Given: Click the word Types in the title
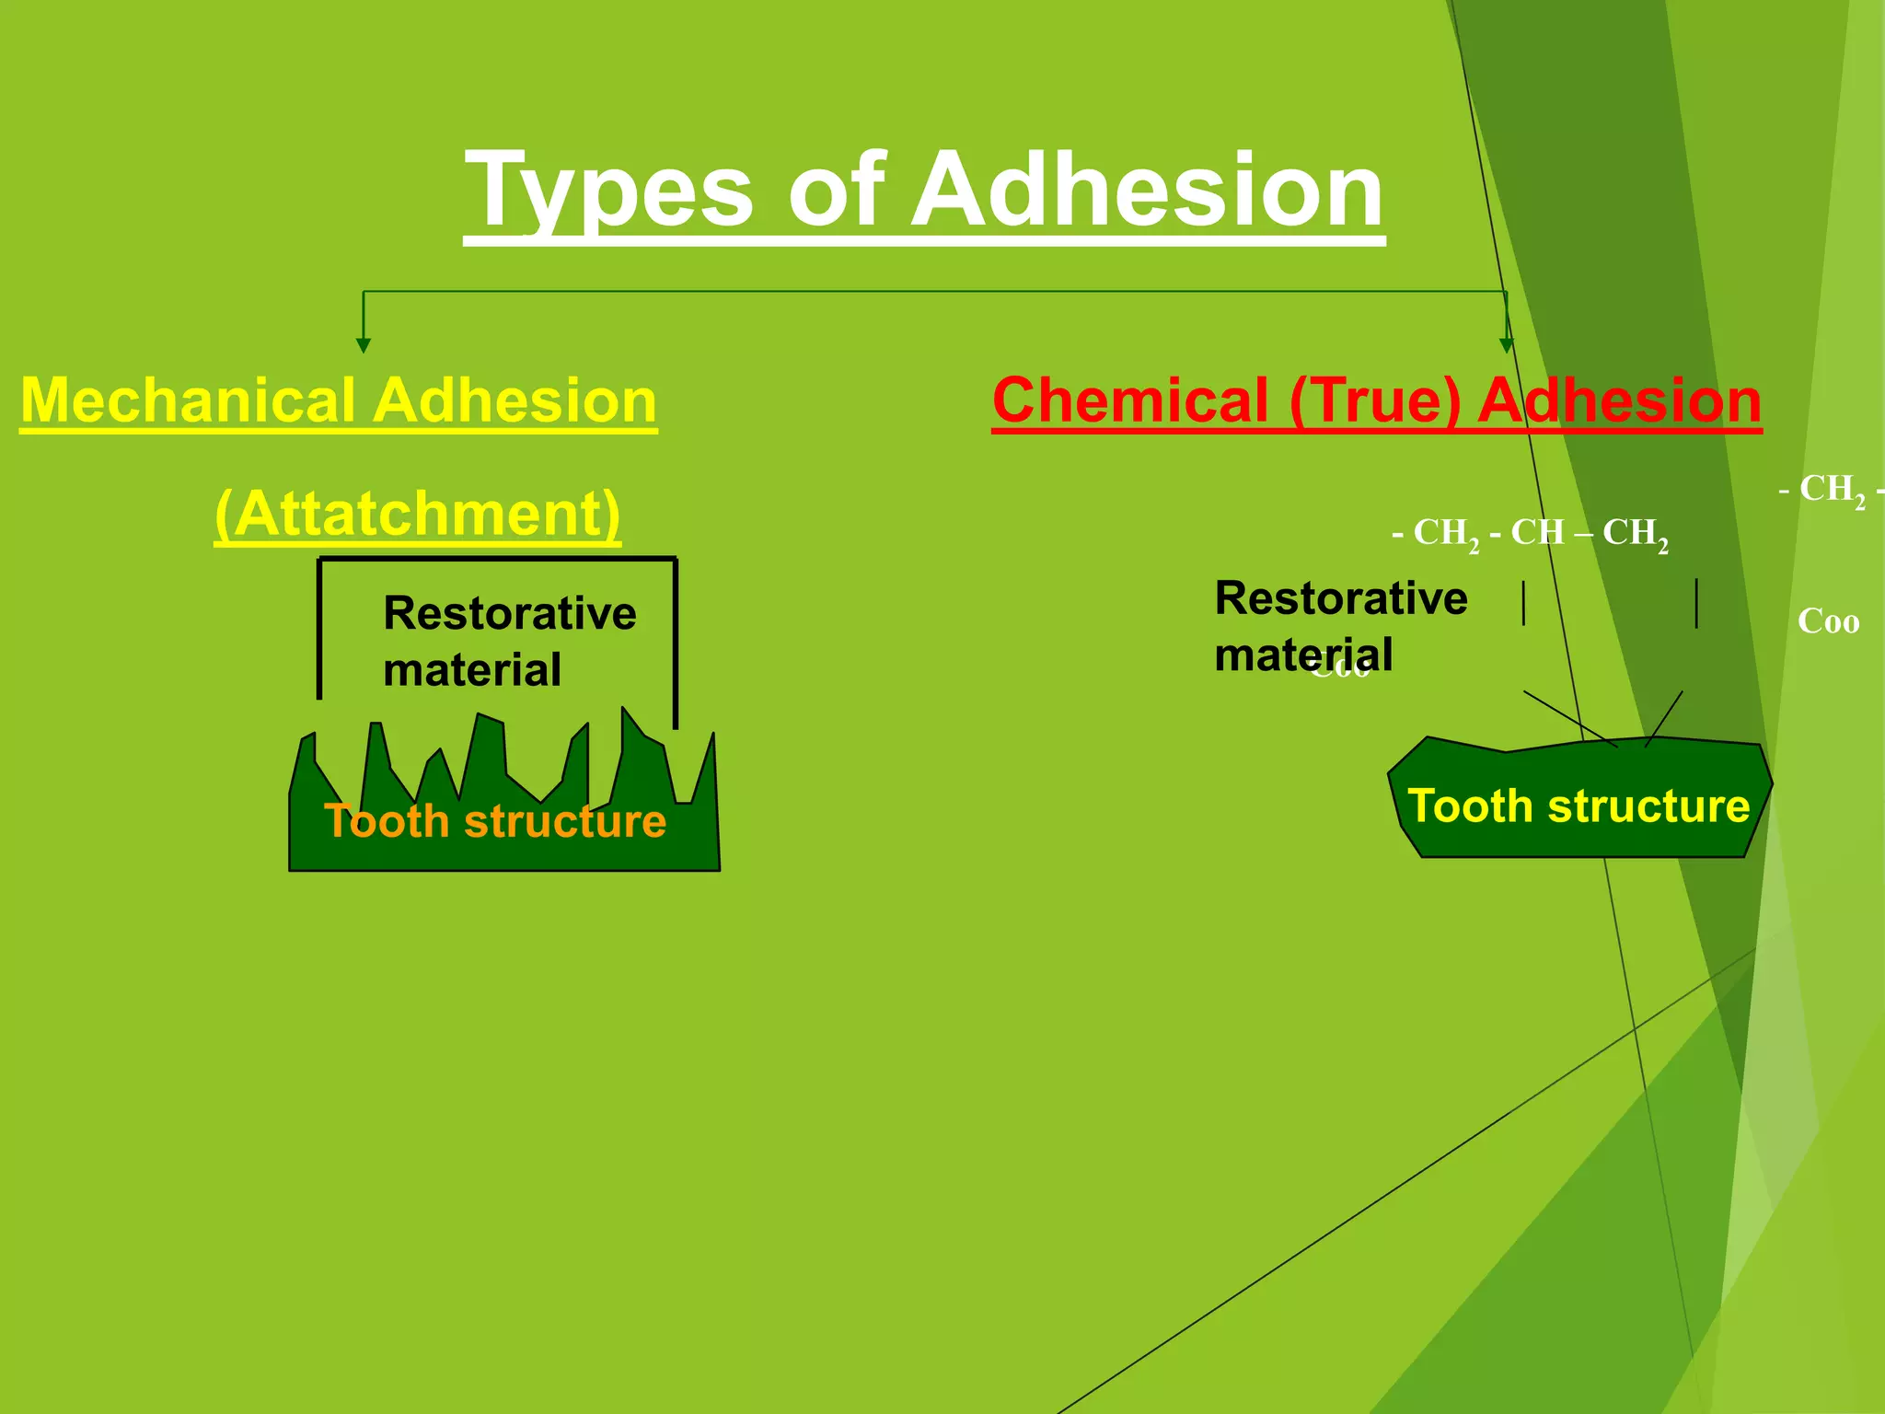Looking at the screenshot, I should pyautogui.click(x=607, y=191).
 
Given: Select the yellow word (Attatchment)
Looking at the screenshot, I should pyautogui.click(x=417, y=514).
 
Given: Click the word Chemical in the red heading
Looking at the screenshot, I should pyautogui.click(x=1130, y=401).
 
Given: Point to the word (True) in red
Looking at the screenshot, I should pyautogui.click(x=1375, y=401).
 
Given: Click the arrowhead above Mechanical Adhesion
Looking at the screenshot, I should pyautogui.click(x=364, y=344).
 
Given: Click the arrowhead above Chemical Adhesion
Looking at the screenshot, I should pyautogui.click(x=1507, y=344).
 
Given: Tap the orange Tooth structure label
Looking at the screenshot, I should pyautogui.click(x=495, y=821).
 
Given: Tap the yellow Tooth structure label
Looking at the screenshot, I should pyautogui.click(x=1579, y=806).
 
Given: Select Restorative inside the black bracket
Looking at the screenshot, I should pyautogui.click(x=509, y=614).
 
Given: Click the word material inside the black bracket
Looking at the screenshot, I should pyautogui.click(x=471, y=670).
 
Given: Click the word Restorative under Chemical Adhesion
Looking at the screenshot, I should pyautogui.click(x=1340, y=598).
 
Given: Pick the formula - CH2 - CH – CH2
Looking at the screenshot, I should pyautogui.click(x=1530, y=533).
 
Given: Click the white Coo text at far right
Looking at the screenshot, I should pyautogui.click(x=1828, y=621).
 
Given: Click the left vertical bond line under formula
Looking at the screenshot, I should pyautogui.click(x=1524, y=603).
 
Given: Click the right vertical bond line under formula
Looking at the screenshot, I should pyautogui.click(x=1696, y=603).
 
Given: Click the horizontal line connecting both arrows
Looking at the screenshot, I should pyautogui.click(x=920, y=292).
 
